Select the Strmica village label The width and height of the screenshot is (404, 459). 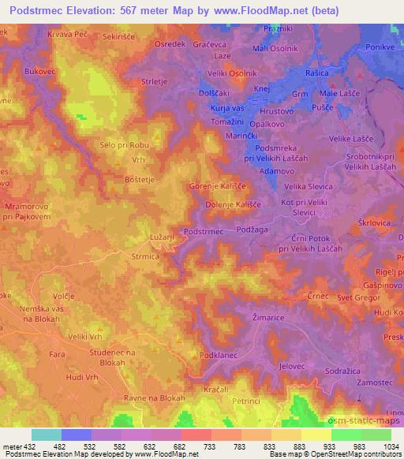146,256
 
